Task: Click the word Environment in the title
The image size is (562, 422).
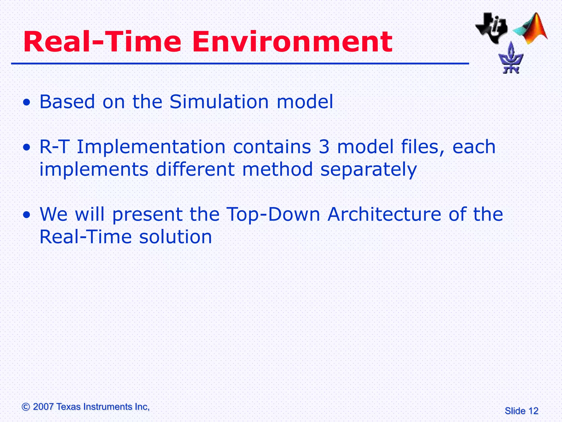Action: click(x=292, y=42)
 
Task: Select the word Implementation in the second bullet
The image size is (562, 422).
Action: click(x=151, y=147)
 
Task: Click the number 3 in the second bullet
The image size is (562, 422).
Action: click(x=324, y=147)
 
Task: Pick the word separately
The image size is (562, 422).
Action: click(x=369, y=170)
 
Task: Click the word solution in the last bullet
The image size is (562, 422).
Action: click(x=175, y=237)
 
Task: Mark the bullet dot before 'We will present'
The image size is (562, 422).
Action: click(x=27, y=215)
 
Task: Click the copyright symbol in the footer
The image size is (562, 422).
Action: click(x=26, y=407)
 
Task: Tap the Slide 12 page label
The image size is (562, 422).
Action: click(x=521, y=411)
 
